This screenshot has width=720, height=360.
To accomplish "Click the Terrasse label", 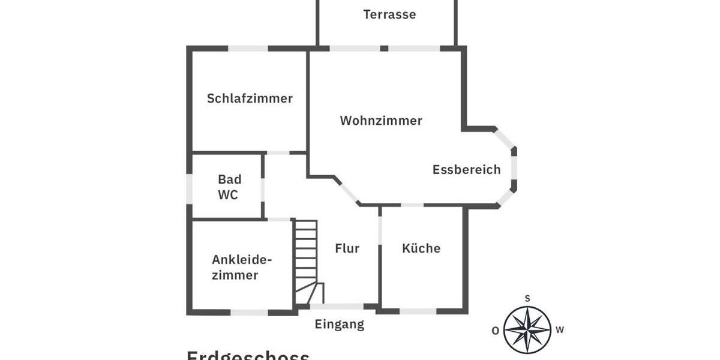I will coord(389,14).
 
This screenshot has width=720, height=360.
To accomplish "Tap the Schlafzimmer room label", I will coord(250,98).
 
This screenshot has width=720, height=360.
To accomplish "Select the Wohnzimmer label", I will coord(381,121).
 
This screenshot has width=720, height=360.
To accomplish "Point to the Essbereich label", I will coord(466,170).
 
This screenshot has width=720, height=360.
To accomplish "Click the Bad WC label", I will coord(229,187).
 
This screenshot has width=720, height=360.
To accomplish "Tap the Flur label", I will coord(347,248).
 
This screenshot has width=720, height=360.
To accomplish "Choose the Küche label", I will coord(421,248).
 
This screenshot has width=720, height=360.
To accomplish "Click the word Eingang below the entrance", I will coord(340,325).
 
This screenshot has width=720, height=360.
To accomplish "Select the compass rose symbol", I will coord(527,329).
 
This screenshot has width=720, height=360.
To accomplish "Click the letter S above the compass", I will coord(527,298).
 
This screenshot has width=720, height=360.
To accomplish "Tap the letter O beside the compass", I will coord(495,330).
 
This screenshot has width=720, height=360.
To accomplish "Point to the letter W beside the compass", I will coord(559,329).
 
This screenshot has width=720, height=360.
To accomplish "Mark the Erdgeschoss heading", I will coord(248,355).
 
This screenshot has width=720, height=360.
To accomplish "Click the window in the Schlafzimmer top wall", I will coord(248,49).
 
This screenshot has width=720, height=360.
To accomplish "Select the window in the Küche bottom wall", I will coord(418,311).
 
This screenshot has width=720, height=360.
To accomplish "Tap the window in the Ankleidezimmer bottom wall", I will coord(250,312).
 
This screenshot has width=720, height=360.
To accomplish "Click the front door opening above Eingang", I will coord(337,307).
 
